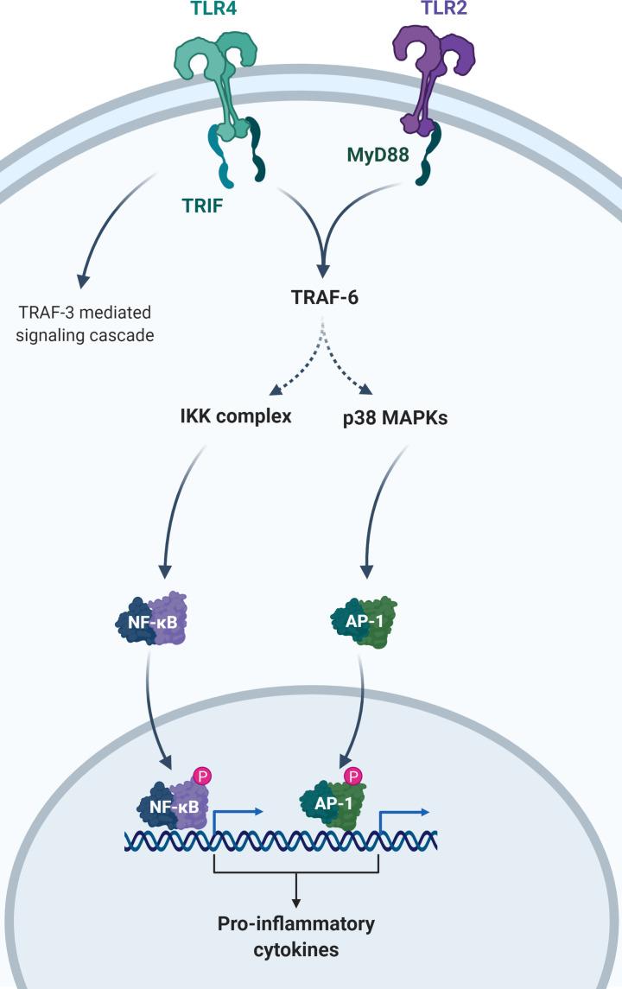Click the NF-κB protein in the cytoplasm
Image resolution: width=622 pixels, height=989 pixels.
click(x=152, y=619)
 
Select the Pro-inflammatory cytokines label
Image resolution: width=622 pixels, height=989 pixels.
click(x=295, y=936)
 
